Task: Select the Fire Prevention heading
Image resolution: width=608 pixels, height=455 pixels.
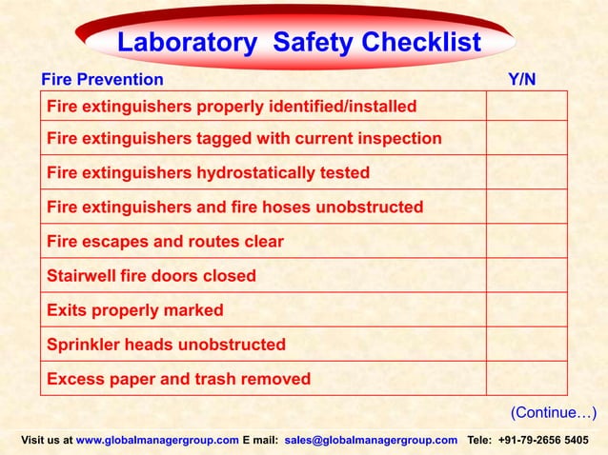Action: tap(100, 79)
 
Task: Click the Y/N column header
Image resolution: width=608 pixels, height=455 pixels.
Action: tap(522, 79)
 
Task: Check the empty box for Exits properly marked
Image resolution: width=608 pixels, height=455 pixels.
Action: tap(526, 310)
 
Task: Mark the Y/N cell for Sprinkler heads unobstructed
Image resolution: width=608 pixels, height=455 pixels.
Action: tap(526, 345)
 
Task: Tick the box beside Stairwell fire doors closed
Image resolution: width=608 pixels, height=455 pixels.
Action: tap(526, 276)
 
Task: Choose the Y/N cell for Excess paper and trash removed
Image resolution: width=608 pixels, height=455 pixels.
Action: tap(526, 379)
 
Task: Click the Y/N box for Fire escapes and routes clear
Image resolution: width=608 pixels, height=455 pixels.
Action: tap(526, 242)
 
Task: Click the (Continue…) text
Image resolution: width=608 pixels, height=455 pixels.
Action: tap(554, 412)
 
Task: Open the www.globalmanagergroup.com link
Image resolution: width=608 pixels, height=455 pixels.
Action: tap(157, 441)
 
